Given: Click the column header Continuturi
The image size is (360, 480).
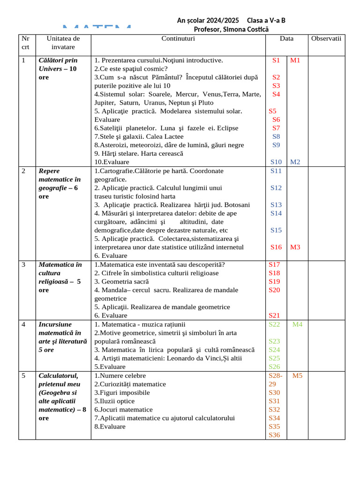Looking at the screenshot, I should click(178, 38).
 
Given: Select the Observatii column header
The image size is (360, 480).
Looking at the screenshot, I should click(326, 38).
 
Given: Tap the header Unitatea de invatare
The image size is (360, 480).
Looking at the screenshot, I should click(63, 43).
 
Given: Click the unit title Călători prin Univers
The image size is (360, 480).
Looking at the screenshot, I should click(58, 64).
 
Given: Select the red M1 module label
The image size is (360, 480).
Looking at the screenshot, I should click(295, 60).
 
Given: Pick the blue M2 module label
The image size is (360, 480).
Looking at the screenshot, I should click(295, 162).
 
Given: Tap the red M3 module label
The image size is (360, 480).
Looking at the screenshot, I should click(295, 247).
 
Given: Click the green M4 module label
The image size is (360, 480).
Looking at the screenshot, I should click(298, 324).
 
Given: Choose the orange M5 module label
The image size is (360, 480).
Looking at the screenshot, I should click(298, 375).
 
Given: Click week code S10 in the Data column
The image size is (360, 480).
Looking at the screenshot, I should click(276, 162).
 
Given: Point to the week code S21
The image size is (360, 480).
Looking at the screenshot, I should click(274, 315).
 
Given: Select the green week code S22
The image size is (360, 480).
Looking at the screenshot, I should click(274, 324).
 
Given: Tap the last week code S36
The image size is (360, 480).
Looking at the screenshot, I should click(274, 435).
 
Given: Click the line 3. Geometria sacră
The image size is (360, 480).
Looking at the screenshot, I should click(121, 281).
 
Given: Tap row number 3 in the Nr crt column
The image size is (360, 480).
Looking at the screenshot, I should click(24, 264).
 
